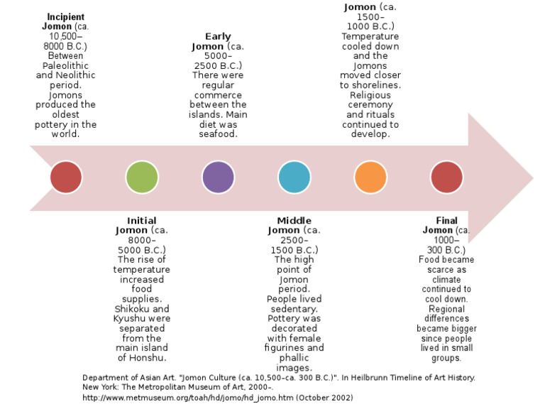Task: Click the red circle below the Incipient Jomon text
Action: (66, 178)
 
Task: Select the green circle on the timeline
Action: (142, 178)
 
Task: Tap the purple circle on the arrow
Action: (218, 178)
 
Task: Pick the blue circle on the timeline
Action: (294, 178)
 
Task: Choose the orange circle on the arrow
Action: (370, 178)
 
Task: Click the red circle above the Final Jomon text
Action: (446, 178)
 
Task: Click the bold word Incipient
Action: (66, 16)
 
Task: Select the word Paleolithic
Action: (66, 65)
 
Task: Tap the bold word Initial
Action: (142, 221)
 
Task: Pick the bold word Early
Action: (218, 37)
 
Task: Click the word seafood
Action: (218, 134)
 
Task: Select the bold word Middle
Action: (294, 221)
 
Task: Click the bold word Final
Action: (446, 221)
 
